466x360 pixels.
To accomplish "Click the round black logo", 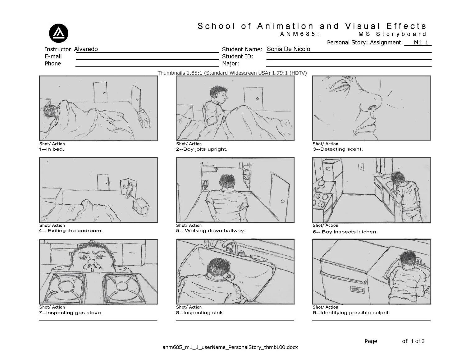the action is coord(58,33).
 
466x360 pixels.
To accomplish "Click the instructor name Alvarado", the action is coord(86,49).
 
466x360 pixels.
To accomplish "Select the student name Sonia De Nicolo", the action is coord(288,49).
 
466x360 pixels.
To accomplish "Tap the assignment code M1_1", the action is coord(421,43).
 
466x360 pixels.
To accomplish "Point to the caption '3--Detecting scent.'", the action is coord(338,149).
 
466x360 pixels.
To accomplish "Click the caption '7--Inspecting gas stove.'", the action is coord(71,312).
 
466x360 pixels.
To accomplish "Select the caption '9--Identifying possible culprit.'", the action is coord(351,312).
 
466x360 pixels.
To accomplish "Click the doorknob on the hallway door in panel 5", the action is coord(282,201).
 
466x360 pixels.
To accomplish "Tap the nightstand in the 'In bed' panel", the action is coord(144,119).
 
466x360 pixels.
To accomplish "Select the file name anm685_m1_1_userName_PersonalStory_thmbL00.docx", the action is coord(230,347).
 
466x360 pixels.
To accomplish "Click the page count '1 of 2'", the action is coord(418,341).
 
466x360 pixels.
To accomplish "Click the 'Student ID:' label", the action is coord(237,57).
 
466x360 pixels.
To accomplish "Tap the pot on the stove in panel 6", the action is coord(321,184).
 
